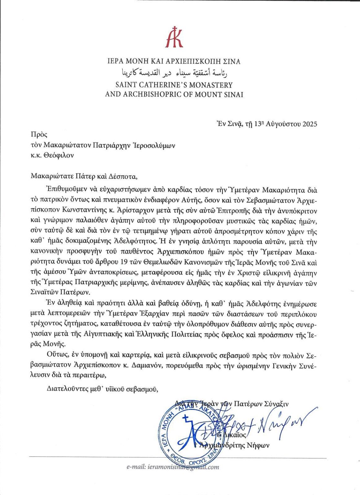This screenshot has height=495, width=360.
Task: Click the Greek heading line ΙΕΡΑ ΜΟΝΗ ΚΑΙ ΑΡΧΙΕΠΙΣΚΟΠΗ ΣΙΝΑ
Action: pyautogui.click(x=174, y=61)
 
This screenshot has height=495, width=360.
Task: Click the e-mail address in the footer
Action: pyautogui.click(x=173, y=467)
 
